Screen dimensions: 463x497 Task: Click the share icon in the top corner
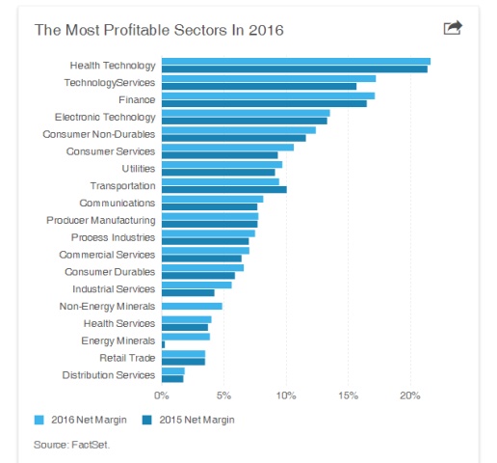click(453, 28)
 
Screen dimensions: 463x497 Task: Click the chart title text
click(159, 29)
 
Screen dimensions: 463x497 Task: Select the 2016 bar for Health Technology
click(296, 62)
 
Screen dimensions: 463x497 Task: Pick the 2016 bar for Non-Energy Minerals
click(192, 306)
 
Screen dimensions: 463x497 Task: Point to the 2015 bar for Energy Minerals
click(164, 343)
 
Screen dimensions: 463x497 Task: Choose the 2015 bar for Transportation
click(223, 189)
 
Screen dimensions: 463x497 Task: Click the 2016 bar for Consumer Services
click(227, 147)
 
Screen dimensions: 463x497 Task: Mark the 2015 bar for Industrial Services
click(188, 292)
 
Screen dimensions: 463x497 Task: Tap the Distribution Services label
click(109, 374)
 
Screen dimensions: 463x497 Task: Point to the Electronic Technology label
click(105, 117)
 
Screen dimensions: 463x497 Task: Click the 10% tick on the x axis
click(286, 395)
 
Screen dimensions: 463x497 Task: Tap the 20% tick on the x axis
click(409, 395)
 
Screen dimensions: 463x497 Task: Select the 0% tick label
click(162, 395)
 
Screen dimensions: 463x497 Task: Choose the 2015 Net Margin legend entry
click(189, 420)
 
